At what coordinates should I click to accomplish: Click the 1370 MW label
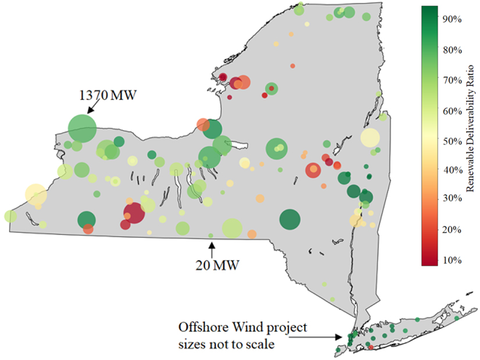pos(108,95)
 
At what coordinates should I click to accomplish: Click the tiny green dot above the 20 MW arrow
pos(211,235)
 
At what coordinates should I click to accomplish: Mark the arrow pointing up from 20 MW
pos(212,249)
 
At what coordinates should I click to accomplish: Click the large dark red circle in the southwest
pos(134,214)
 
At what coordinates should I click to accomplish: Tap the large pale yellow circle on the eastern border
pos(370,138)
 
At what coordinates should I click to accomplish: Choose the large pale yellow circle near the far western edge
pos(35,193)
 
